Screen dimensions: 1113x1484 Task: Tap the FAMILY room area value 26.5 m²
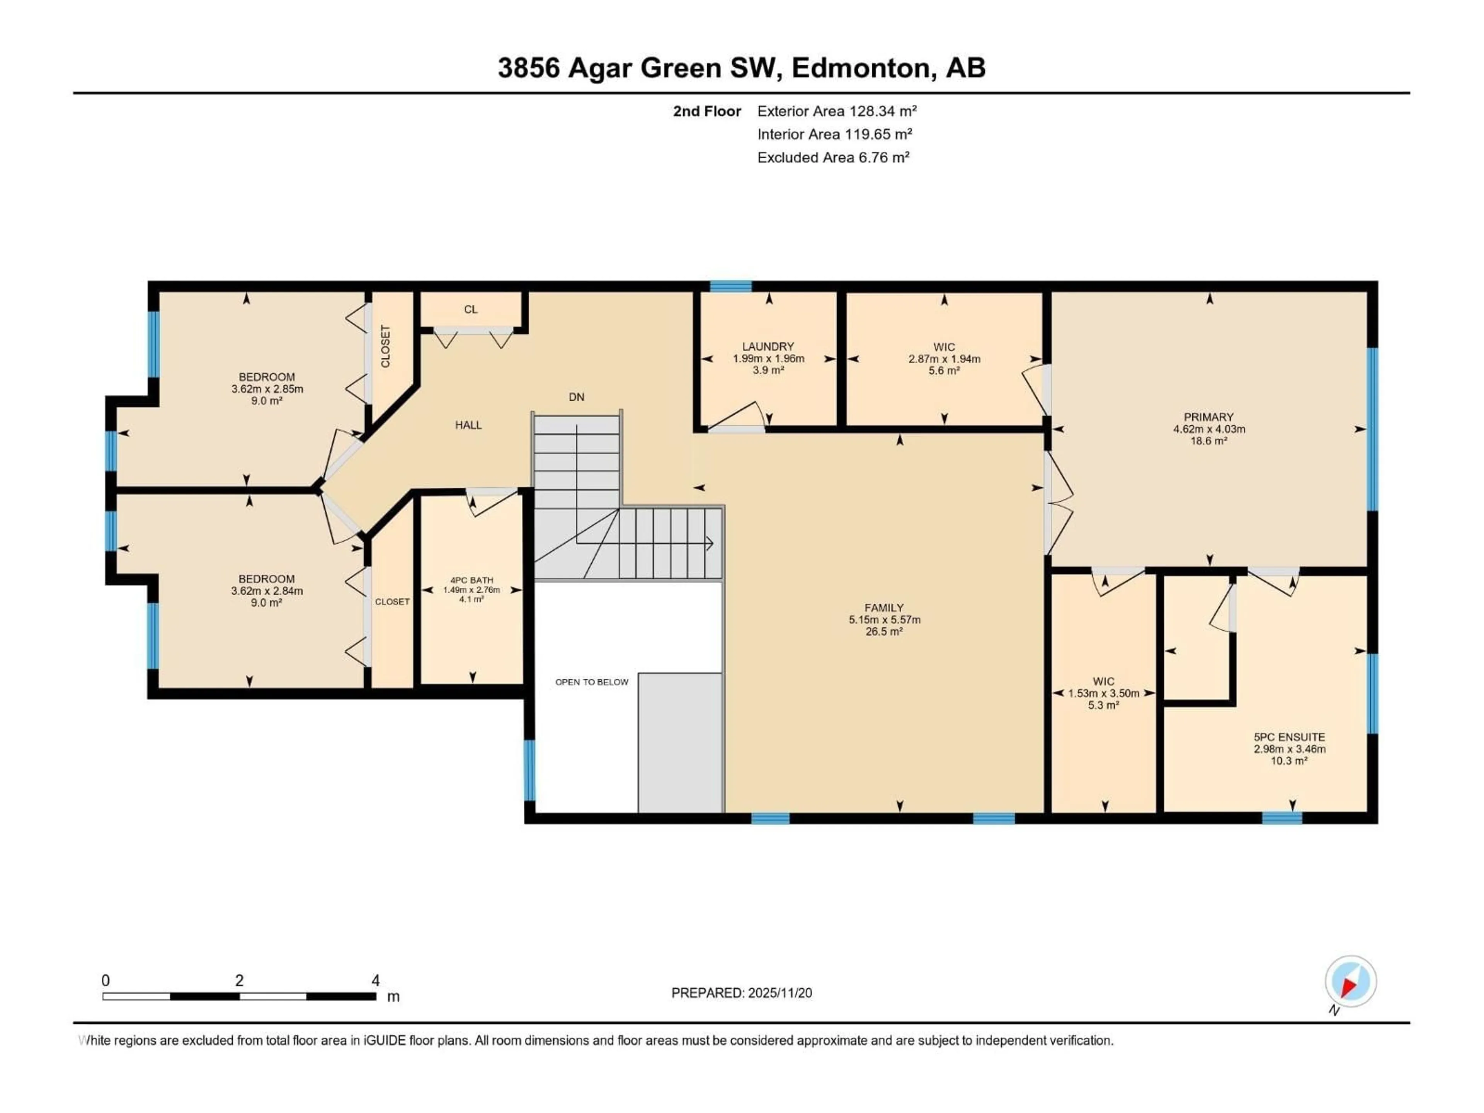(x=883, y=631)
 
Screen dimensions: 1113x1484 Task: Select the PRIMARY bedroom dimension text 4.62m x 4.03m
(x=1208, y=429)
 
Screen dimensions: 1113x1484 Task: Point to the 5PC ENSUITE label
(x=1289, y=737)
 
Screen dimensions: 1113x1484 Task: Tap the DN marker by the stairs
(x=576, y=397)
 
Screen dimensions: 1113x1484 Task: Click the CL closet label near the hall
(x=470, y=309)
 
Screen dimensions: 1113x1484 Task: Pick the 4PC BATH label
(x=471, y=580)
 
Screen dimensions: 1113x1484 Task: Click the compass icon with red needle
(x=1350, y=982)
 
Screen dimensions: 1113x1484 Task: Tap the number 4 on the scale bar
(x=376, y=980)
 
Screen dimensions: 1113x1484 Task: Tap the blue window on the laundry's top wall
(x=730, y=286)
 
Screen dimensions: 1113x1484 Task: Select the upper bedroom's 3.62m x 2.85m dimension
(x=266, y=388)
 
